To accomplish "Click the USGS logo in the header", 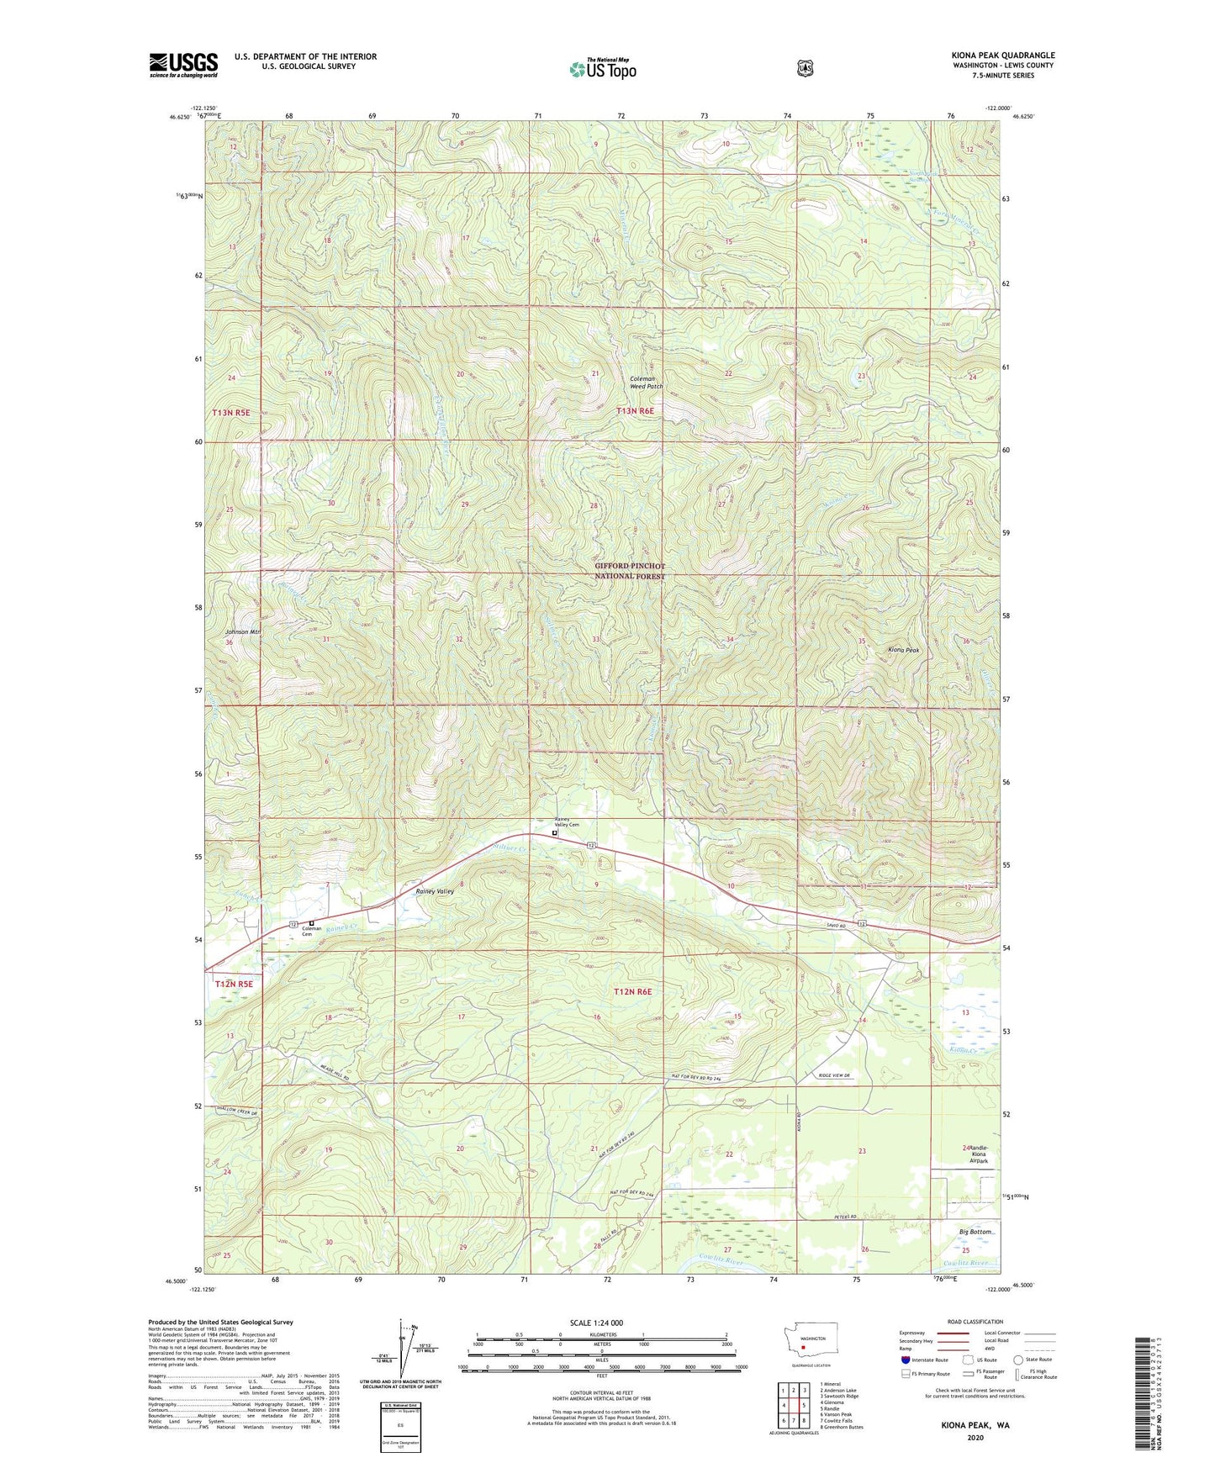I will point(183,65).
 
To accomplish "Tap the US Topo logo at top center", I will point(604,68).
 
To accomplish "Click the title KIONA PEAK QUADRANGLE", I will point(1002,55).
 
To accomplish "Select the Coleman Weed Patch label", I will point(646,383).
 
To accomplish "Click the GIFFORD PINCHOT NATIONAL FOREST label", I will point(630,571).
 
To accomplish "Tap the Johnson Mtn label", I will point(243,631).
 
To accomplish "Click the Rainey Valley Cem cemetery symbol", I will point(554,833).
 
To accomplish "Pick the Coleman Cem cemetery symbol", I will point(311,923).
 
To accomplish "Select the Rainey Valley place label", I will point(435,891).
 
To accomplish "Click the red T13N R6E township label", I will point(635,411).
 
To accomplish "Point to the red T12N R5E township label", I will point(233,983).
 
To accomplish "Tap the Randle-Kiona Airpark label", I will point(979,1154).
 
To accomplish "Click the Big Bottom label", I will point(976,1232).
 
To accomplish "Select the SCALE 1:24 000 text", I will point(596,1323).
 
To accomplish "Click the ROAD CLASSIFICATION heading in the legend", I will point(975,1322).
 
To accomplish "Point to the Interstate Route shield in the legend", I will point(905,1359).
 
